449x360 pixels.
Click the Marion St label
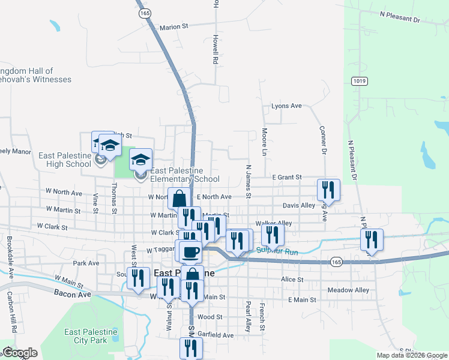[173, 26]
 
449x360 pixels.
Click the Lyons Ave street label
[286, 106]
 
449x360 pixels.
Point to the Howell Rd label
[215, 49]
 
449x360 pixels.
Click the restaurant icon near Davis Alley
[328, 190]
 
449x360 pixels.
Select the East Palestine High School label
[65, 160]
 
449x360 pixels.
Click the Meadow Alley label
[348, 290]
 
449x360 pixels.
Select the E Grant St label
[286, 178]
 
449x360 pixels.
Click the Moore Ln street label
[264, 142]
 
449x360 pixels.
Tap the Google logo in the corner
[20, 353]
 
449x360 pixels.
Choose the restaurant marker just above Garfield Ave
[191, 347]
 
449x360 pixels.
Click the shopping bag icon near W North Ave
[179, 198]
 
